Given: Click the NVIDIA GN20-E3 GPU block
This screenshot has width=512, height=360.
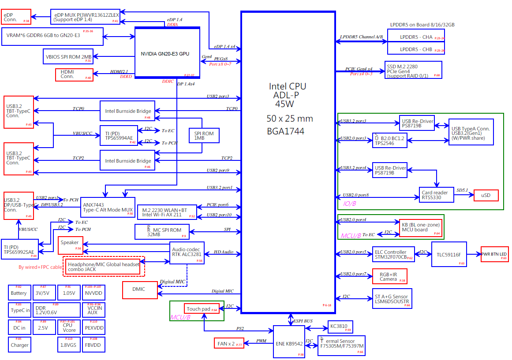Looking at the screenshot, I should point(167,53).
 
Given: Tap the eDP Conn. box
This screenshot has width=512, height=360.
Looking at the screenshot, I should point(16,17).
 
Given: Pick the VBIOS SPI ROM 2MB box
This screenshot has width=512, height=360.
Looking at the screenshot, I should point(68,56).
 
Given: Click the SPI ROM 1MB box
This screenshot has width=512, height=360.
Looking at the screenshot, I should point(204,135).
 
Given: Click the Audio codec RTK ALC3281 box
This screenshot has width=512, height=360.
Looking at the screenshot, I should point(187,253).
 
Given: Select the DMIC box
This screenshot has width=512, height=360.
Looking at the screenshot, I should point(140,289).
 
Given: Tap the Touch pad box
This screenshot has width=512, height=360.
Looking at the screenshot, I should point(202,309).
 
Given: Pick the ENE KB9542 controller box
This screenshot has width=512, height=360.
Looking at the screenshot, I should point(289,341).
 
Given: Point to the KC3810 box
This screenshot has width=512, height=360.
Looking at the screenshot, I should point(340,327).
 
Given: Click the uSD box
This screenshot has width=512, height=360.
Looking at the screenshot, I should point(486,195).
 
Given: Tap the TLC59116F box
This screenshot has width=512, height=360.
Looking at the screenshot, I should point(449,254).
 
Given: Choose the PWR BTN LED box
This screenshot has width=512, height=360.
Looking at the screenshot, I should point(494,254).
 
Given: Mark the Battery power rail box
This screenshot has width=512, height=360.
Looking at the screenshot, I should point(19,293).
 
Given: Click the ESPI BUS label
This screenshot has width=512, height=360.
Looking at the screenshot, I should point(303,321).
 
